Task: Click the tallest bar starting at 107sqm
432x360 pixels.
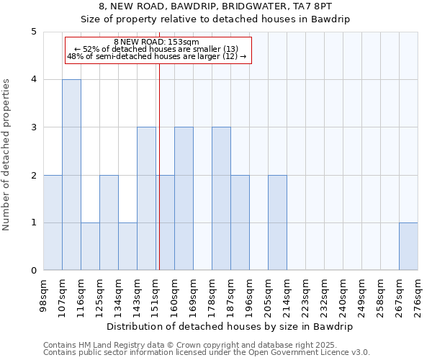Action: coord(71,175)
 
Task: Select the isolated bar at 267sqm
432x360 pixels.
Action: coord(408,246)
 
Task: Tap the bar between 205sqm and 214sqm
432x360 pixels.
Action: coord(277,222)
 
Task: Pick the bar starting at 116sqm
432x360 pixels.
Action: coord(90,246)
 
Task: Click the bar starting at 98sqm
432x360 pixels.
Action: coord(53,222)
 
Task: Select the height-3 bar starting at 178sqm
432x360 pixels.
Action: coord(221,199)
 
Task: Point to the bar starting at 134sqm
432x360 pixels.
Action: coord(127,246)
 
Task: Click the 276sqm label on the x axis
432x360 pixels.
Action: coord(418,296)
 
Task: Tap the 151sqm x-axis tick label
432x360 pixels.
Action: coord(156,296)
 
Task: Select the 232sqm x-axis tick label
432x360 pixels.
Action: coord(324,296)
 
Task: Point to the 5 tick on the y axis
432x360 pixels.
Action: coord(34,32)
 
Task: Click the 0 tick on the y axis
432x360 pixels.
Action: coord(34,271)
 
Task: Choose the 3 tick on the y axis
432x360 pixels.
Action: coord(34,127)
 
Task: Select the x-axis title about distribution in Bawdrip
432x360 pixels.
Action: coord(230,326)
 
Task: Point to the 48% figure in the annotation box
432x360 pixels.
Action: coord(73,56)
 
